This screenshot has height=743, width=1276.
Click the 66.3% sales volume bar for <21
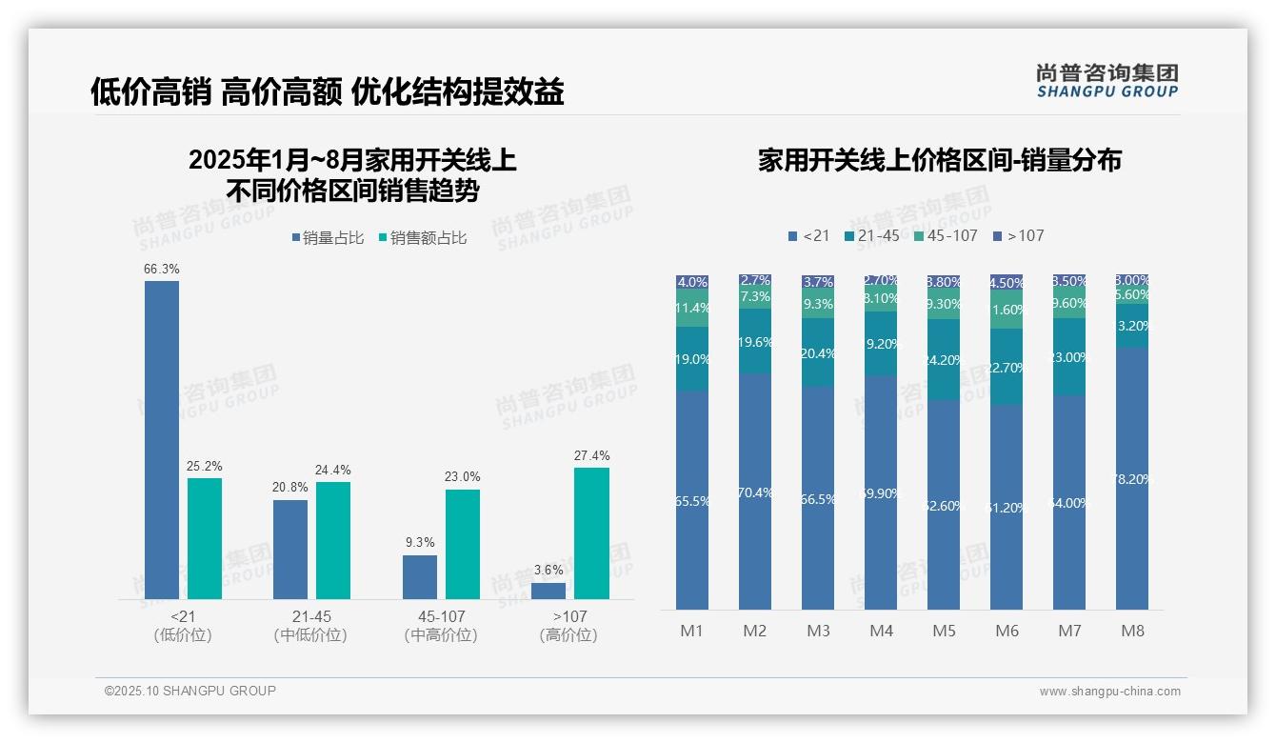tap(162, 440)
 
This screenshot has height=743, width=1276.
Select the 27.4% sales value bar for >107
tap(591, 533)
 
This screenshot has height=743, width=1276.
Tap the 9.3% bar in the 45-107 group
tap(420, 577)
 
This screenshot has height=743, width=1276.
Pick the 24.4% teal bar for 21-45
tap(333, 540)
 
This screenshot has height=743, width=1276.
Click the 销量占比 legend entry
tap(328, 238)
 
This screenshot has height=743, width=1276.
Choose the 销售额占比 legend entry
tap(422, 238)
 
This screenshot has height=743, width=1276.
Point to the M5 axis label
tap(944, 631)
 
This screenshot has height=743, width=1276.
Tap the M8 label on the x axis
tap(1132, 631)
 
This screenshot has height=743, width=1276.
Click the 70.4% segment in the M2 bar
tap(755, 492)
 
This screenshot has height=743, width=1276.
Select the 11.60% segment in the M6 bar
tap(1007, 311)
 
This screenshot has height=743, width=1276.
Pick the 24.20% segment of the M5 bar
tap(944, 359)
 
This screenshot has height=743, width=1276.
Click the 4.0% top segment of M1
tap(692, 282)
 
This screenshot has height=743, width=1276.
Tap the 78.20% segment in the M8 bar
tap(1132, 478)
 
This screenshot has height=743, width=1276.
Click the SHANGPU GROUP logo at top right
tap(1107, 81)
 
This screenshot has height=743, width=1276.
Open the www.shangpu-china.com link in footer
tap(1109, 692)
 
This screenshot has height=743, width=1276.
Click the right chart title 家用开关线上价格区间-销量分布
tap(939, 160)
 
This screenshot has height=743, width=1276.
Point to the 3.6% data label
tap(548, 570)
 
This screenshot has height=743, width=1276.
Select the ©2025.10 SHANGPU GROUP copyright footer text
tap(190, 691)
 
